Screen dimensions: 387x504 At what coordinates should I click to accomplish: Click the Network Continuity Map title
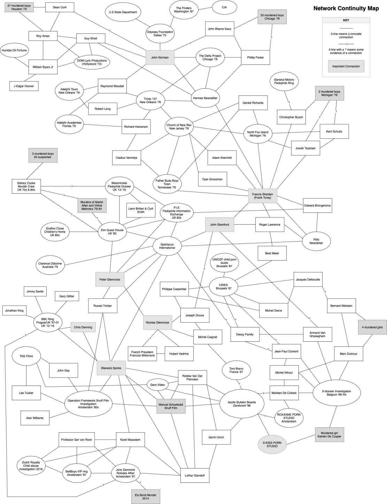tap(346, 8)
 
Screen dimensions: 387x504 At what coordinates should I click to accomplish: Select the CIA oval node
tap(224, 7)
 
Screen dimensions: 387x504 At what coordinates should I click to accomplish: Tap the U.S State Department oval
tap(123, 12)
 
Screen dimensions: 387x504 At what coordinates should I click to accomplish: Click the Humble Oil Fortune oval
tap(14, 51)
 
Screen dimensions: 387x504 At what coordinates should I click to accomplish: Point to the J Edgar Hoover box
tap(24, 86)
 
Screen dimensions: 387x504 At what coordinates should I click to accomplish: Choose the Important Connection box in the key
tap(346, 66)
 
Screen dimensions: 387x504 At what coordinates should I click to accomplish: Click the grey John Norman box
tap(160, 57)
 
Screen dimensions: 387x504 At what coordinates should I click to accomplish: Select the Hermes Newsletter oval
tap(205, 98)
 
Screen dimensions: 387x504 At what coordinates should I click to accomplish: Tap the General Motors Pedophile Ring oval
tap(284, 82)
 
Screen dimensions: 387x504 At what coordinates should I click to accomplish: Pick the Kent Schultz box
tap(334, 132)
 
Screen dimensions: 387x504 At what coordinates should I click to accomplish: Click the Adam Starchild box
tap(222, 158)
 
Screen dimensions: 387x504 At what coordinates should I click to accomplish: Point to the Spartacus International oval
tap(167, 246)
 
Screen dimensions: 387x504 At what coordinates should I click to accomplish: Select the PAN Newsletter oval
tap(316, 241)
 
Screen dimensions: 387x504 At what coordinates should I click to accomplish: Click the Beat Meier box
tap(272, 253)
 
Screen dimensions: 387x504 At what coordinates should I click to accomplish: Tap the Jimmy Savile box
tap(35, 292)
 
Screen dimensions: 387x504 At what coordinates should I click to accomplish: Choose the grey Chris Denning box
tap(83, 327)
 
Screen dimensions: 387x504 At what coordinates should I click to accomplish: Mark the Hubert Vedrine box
tap(179, 354)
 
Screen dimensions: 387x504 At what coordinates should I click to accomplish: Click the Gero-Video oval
tap(157, 385)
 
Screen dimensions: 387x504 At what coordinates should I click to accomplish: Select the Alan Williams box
tap(35, 418)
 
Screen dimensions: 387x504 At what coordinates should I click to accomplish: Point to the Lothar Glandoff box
tap(194, 475)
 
